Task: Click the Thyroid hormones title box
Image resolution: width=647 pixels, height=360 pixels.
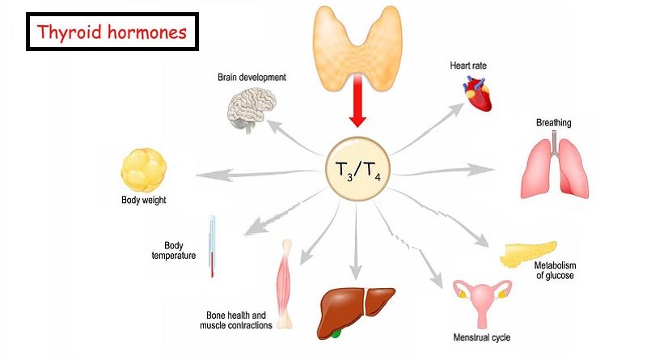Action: click(x=113, y=32)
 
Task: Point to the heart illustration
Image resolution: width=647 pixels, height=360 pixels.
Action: click(x=477, y=95)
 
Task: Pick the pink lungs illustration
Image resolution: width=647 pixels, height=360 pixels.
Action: click(x=554, y=166)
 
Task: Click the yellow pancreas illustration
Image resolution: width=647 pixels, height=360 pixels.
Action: click(x=526, y=252)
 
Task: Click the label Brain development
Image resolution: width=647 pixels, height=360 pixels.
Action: click(x=252, y=78)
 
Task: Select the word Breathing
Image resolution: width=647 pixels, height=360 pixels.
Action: click(x=553, y=123)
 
